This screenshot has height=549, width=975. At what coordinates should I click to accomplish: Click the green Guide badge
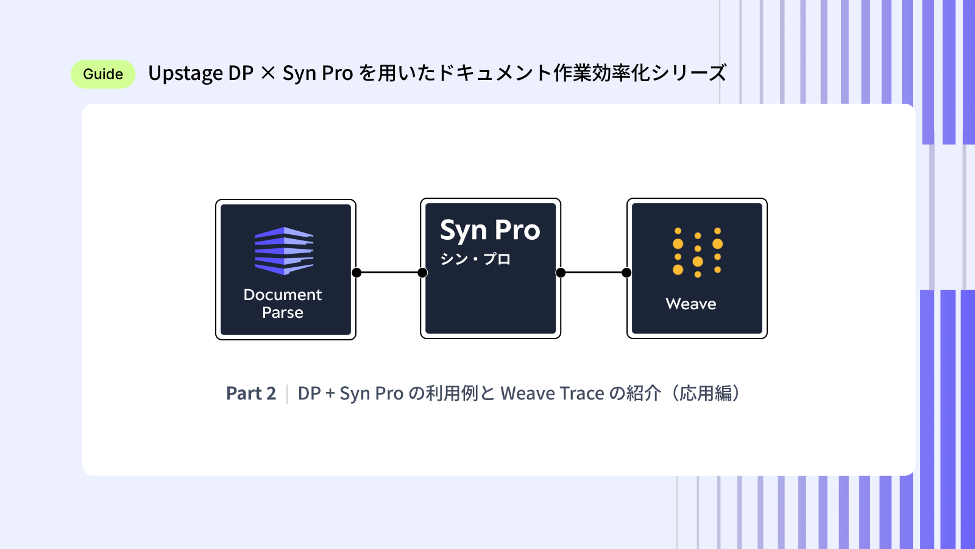click(103, 74)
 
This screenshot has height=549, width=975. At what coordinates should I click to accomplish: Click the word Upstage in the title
click(185, 74)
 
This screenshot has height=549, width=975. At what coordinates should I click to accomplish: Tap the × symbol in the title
click(268, 73)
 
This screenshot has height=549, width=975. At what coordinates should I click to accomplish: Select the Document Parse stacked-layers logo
click(284, 250)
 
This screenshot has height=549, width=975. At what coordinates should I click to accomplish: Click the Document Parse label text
click(283, 303)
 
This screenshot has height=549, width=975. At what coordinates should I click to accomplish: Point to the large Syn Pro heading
click(490, 231)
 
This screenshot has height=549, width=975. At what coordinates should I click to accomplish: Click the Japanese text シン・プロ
click(475, 259)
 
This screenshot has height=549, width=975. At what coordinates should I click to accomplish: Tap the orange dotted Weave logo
click(697, 252)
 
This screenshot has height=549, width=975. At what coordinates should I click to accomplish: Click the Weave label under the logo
click(691, 304)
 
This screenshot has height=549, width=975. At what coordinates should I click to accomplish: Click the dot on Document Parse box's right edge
click(356, 273)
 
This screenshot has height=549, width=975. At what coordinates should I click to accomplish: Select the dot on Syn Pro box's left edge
click(422, 273)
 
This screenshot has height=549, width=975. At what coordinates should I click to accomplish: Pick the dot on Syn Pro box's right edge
click(561, 273)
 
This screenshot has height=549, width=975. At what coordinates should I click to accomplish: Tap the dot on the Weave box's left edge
click(626, 273)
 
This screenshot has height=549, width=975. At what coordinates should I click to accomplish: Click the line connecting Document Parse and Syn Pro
click(389, 273)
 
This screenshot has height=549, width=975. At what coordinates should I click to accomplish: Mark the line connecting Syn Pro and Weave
click(594, 273)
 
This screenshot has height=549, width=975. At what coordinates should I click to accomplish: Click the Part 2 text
click(251, 393)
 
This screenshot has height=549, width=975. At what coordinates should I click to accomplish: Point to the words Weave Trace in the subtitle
click(552, 393)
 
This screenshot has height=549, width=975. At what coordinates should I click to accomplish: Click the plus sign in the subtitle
click(330, 393)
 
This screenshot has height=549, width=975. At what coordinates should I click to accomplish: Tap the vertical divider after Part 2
click(287, 393)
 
